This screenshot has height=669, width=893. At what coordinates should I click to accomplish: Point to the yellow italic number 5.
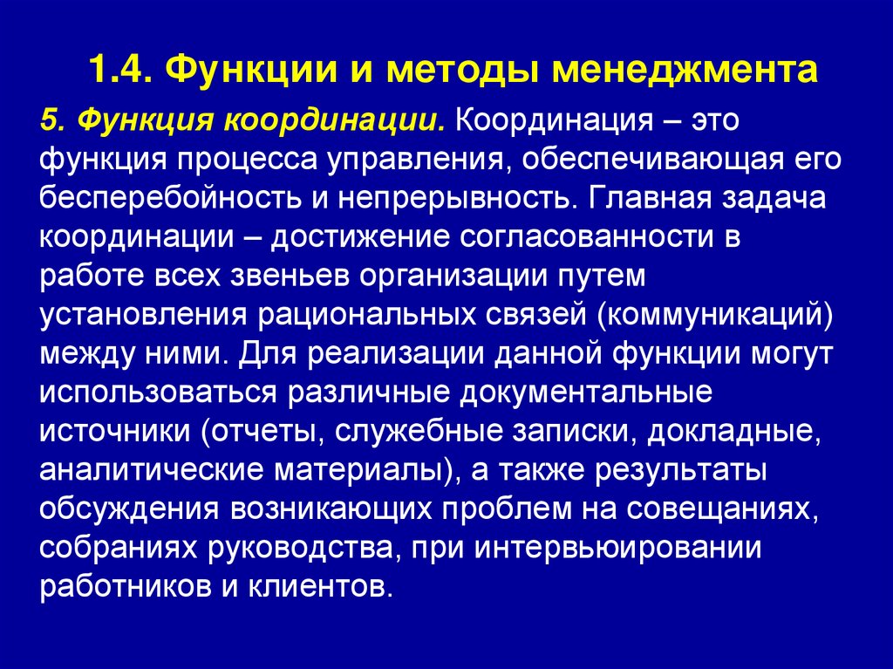(x=49, y=120)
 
